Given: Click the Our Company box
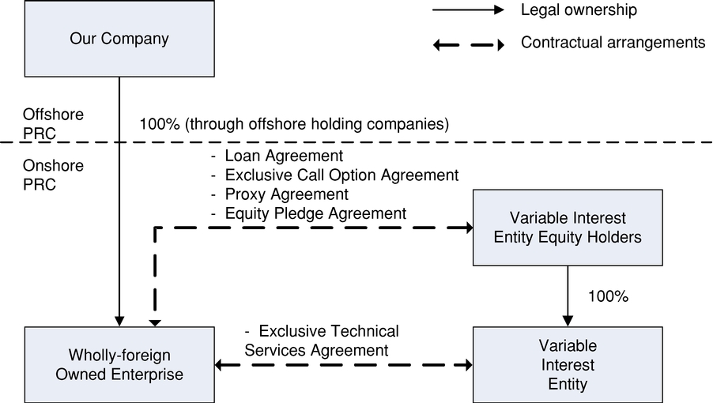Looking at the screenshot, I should tap(119, 38).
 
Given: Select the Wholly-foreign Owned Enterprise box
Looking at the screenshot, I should tap(119, 365).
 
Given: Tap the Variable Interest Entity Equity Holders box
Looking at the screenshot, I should tap(567, 228).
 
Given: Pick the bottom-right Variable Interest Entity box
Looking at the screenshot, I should tap(567, 365).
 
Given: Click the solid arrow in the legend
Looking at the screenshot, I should tap(467, 11).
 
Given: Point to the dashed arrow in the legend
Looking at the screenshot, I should tap(467, 44).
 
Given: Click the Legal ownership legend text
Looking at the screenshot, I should tap(579, 11).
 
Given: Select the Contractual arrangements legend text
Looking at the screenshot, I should tap(613, 43).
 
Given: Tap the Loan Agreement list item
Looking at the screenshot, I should tap(277, 156).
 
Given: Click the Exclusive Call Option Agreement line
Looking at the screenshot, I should tap(334, 175).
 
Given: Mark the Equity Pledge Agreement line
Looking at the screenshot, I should tap(308, 213).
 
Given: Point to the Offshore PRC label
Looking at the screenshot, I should tap(53, 122).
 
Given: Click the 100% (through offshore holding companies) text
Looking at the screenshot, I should tap(294, 124).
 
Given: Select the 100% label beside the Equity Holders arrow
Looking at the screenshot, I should tap(608, 297).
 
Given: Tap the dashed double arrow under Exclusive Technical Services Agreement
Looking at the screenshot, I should tap(344, 365).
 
